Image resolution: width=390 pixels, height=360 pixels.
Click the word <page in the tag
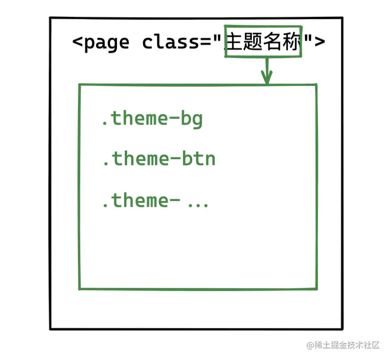[101, 43]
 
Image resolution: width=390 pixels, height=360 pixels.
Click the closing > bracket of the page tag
[320, 43]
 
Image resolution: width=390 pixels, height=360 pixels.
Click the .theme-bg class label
[151, 119]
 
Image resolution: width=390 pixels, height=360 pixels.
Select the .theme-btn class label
[158, 159]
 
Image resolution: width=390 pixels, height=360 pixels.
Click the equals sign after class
[206, 43]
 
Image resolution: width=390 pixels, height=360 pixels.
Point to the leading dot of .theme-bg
[105, 124]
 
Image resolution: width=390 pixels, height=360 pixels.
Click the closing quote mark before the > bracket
[307, 39]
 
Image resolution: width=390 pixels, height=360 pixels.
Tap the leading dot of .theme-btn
[105, 164]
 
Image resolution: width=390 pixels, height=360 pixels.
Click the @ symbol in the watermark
[310, 345]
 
